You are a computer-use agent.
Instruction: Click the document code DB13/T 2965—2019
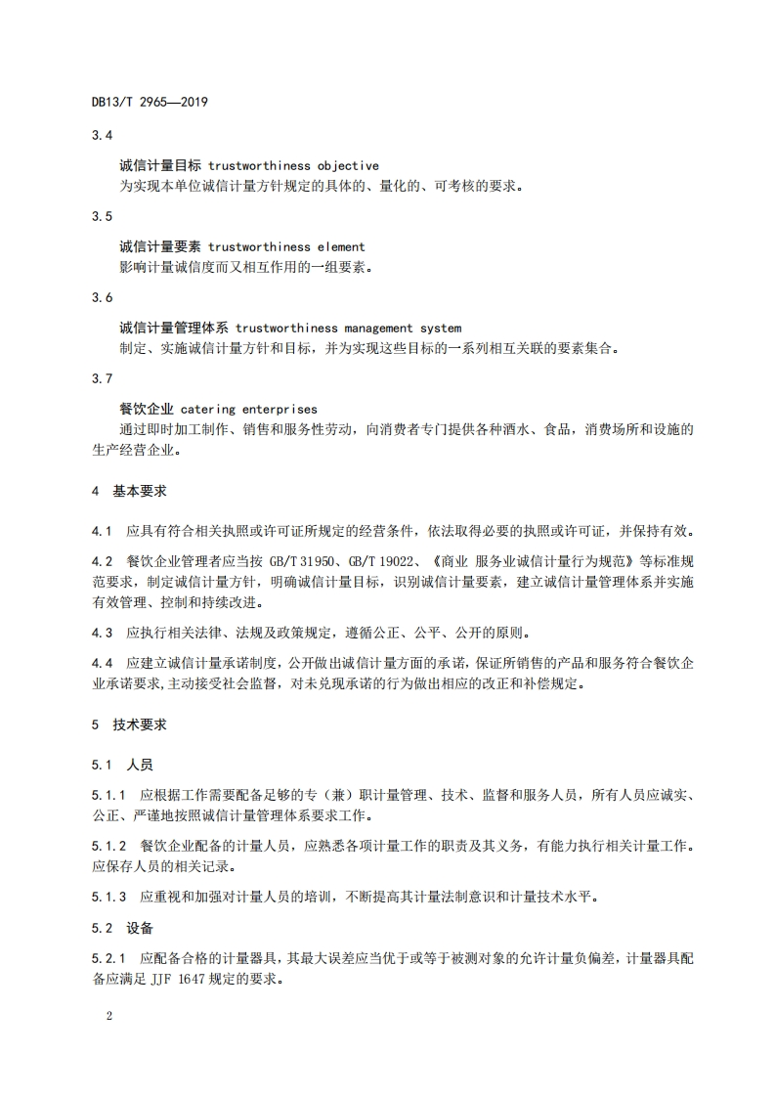[x=150, y=102]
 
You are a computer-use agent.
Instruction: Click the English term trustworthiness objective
[x=293, y=166]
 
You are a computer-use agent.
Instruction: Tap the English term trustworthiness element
[x=286, y=247]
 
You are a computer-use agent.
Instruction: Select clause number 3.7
[x=102, y=377]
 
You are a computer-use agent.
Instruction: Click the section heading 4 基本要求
[x=128, y=491]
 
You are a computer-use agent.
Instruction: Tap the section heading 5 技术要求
[x=128, y=724]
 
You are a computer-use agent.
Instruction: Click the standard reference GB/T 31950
[x=270, y=560]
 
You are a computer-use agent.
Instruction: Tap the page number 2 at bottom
[x=109, y=1015]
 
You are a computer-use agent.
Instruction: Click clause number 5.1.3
[x=108, y=896]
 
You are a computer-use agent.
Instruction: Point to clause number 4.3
[x=102, y=632]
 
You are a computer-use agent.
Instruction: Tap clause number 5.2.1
[x=108, y=956]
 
